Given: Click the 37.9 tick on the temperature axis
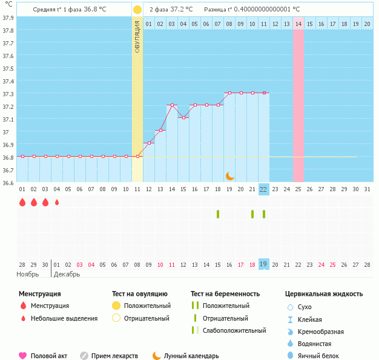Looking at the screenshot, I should coord(8,18).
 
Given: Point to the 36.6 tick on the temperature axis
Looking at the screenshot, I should coord(8,182).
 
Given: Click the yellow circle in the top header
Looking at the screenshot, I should coord(137,10).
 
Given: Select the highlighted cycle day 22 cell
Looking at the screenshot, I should coord(263,189).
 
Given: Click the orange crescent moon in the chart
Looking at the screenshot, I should coord(230,175).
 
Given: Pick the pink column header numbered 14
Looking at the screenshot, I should coord(298,24).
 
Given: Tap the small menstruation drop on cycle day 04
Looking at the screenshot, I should coord(57,203).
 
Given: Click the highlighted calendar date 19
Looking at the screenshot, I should coord(263,264).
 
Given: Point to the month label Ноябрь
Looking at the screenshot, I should coord(27,274).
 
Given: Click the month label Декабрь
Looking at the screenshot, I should coord(67,274).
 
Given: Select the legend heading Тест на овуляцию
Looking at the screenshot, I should coord(140,294).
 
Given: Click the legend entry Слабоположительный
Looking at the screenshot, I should coord(234,330).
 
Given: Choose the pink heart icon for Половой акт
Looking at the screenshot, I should coord(23,356).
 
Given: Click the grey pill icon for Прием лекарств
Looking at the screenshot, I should coord(84,356).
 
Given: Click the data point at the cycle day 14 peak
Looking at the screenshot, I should coord(172,105).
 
